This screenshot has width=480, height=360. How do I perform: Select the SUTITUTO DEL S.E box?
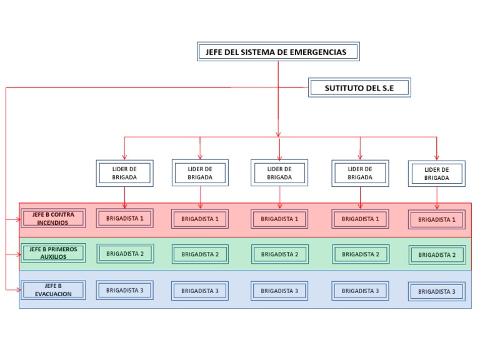359,88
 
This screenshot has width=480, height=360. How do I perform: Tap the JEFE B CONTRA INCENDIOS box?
53,218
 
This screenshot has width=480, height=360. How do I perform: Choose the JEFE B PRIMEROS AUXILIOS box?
53,252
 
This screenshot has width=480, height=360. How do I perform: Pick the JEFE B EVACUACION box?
53,290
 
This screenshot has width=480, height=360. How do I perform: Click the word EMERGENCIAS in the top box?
317,52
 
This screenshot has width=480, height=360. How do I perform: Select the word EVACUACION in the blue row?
53,294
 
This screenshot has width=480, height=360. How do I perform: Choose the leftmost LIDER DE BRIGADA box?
124,173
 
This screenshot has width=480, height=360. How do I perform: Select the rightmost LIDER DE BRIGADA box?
436,174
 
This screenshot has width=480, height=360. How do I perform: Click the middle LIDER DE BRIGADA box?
279,173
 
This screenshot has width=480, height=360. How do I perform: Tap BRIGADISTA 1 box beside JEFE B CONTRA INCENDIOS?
124,218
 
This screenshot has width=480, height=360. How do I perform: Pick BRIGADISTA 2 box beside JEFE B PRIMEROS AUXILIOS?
124,254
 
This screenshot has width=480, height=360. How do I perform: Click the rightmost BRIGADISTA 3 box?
436,291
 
